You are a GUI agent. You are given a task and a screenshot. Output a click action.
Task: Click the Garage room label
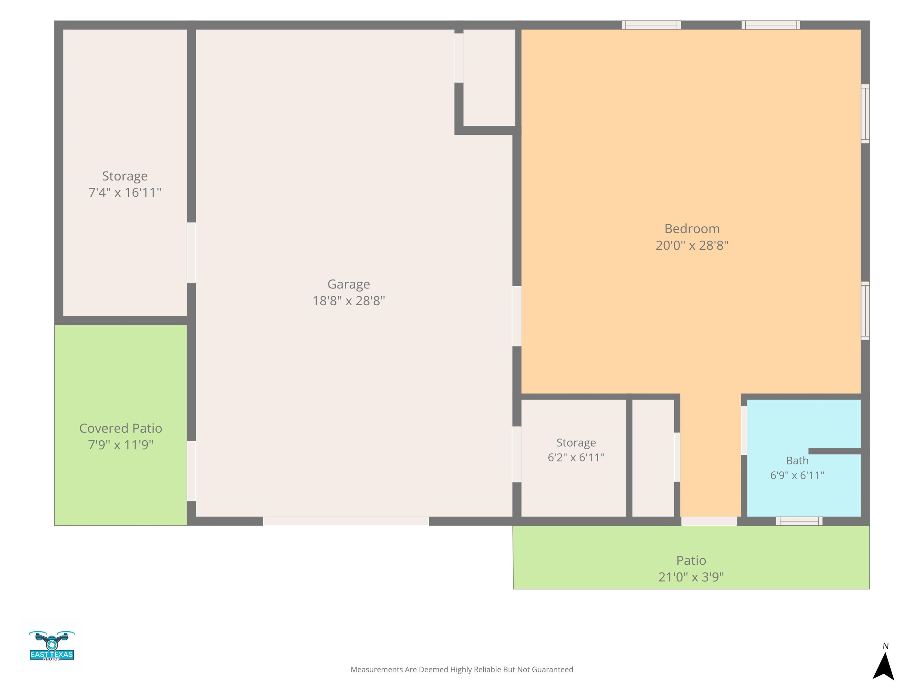pyautogui.click(x=348, y=284)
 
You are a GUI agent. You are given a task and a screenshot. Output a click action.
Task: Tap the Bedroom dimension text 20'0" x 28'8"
pyautogui.click(x=692, y=245)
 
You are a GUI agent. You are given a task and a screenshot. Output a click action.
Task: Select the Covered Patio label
pyautogui.click(x=121, y=428)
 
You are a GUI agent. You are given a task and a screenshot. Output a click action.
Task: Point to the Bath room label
pyautogui.click(x=797, y=460)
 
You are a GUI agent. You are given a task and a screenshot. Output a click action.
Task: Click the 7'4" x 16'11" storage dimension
pyautogui.click(x=125, y=192)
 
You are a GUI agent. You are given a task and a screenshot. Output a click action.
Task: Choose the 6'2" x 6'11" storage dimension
pyautogui.click(x=576, y=457)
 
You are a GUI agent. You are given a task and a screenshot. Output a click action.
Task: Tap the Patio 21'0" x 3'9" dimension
pyautogui.click(x=691, y=577)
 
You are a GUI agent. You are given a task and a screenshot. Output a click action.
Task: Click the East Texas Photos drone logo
pyautogui.click(x=52, y=645)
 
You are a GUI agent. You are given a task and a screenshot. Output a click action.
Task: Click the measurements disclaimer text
pyautogui.click(x=462, y=670)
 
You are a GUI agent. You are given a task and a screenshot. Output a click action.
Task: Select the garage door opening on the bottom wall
pyautogui.click(x=346, y=521)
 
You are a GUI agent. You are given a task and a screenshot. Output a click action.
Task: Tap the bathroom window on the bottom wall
pyautogui.click(x=799, y=521)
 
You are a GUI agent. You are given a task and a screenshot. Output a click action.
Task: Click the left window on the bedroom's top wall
pyautogui.click(x=651, y=25)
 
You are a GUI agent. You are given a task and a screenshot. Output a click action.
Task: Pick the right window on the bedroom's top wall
pyautogui.click(x=771, y=25)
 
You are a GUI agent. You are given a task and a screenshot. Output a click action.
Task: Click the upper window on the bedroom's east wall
pyautogui.click(x=865, y=114)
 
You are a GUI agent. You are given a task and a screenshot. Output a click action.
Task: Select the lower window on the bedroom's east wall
pyautogui.click(x=865, y=311)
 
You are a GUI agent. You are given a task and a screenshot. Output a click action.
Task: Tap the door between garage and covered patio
pyautogui.click(x=191, y=471)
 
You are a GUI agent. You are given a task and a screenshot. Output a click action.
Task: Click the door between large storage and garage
pyautogui.click(x=191, y=253)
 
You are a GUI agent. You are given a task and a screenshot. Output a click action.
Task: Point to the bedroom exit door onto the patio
pyautogui.click(x=709, y=521)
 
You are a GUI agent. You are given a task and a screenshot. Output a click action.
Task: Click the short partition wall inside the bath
pyautogui.click(x=835, y=451)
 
